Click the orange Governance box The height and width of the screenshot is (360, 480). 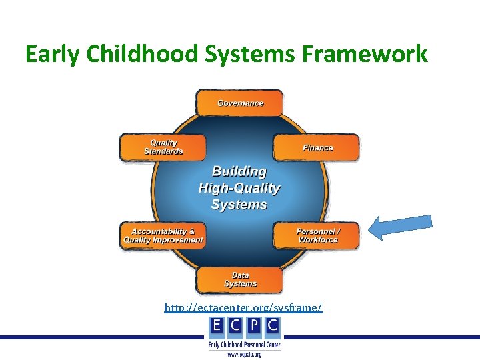tap(239, 103)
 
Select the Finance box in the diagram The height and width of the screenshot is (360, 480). tap(317, 147)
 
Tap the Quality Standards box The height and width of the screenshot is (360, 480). tap(163, 147)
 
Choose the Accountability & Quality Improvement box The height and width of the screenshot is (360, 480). tap(163, 235)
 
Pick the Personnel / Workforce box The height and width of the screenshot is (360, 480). tap(317, 235)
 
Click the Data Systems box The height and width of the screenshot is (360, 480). tap(239, 279)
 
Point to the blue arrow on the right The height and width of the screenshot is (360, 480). tap(401, 227)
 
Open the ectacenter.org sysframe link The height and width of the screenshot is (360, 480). tap(243, 307)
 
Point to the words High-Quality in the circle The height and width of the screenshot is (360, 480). tap(239, 189)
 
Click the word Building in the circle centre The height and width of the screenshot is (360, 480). tap(239, 172)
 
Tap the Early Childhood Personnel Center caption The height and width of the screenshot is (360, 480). tap(245, 344)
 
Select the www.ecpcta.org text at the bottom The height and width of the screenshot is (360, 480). tap(245, 354)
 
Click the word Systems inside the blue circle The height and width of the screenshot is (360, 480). tap(239, 205)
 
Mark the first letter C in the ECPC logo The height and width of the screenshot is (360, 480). tap(236, 326)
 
